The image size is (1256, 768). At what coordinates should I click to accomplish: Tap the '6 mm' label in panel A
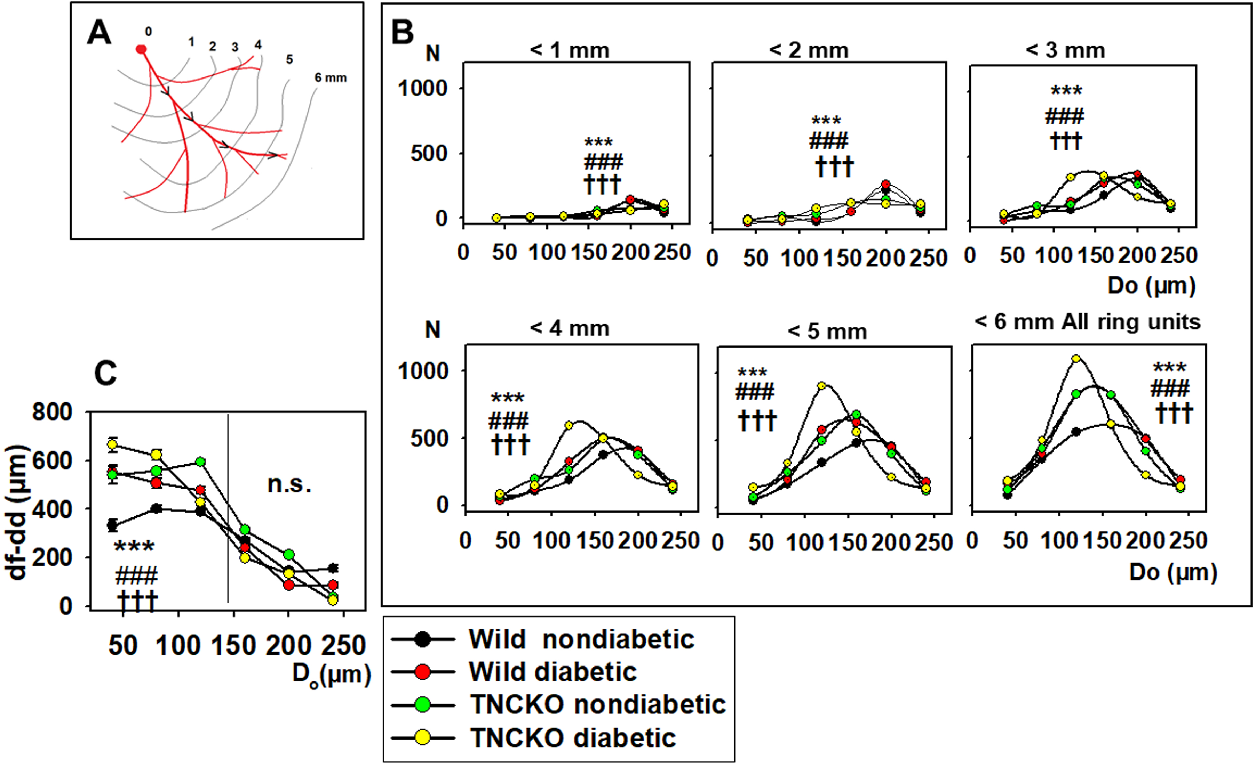[330, 78]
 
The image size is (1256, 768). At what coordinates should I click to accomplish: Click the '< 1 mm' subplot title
[570, 50]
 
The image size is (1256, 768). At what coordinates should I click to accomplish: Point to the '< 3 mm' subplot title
[1065, 50]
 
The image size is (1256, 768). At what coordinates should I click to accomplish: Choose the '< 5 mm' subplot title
[827, 332]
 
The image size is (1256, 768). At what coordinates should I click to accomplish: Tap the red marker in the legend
[423, 672]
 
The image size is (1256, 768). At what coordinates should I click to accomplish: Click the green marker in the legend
[423, 705]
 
